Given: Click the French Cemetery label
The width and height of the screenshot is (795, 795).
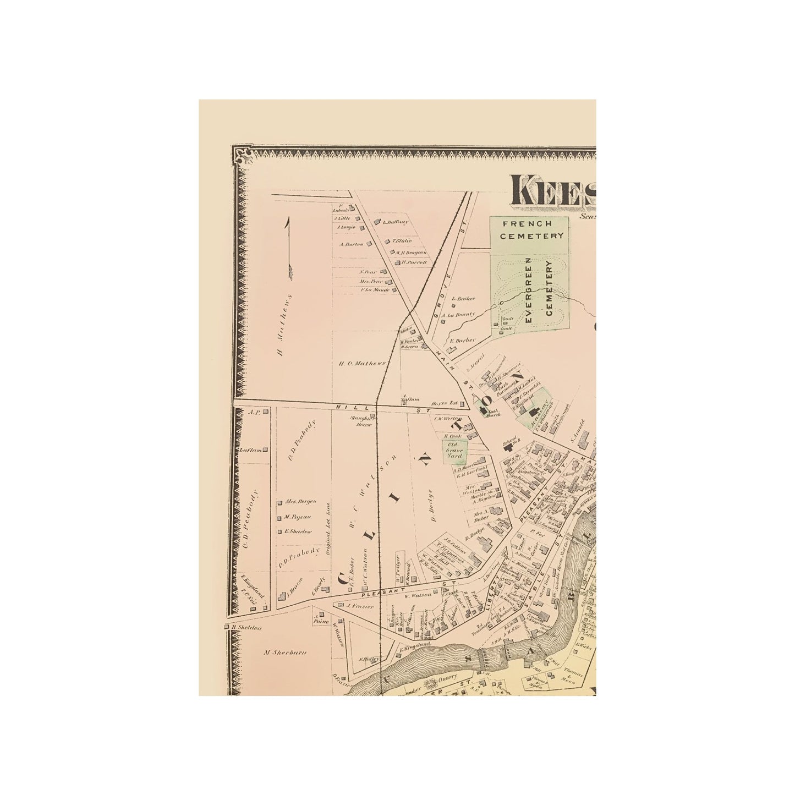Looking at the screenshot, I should click(529, 230).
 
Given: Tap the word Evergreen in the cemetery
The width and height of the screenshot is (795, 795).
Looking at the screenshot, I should click(529, 289).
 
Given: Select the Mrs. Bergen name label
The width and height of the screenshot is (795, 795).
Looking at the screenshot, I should click(298, 502).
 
